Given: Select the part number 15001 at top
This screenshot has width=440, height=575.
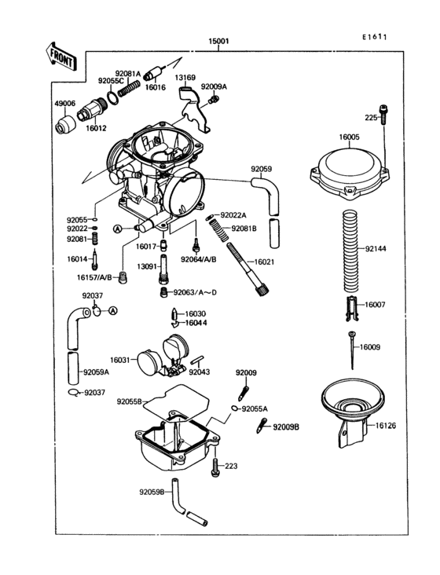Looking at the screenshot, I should (x=218, y=40).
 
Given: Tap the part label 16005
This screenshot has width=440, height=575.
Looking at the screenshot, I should (x=350, y=137).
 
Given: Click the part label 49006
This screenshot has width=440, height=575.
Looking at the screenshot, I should (x=64, y=103).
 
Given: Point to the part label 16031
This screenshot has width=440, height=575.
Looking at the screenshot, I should (x=120, y=359).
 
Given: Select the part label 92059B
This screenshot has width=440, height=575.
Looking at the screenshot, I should (x=152, y=492).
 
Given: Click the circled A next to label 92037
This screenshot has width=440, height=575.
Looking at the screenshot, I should (x=112, y=311).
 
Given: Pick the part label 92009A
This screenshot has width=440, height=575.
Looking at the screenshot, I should (x=213, y=87).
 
